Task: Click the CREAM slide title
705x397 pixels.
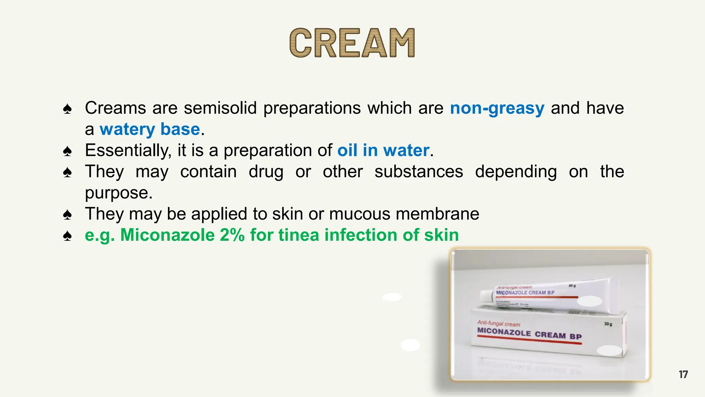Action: click(x=352, y=43)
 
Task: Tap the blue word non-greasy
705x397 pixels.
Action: click(x=497, y=108)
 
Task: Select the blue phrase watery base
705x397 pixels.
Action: click(x=150, y=130)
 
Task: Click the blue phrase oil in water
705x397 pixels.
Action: click(x=383, y=151)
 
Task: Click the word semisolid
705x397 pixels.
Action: click(x=220, y=108)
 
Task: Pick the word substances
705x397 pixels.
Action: click(x=419, y=172)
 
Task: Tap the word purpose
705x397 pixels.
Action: click(x=118, y=193)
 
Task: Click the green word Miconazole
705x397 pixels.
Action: click(x=167, y=235)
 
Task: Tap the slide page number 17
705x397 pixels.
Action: click(x=683, y=375)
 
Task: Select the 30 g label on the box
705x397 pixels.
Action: click(x=608, y=324)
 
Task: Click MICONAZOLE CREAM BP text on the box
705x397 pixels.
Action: click(x=529, y=334)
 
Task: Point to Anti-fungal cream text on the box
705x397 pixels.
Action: click(x=498, y=324)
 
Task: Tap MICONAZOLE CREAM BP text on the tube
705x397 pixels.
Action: click(x=525, y=293)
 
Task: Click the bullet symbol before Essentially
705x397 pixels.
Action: click(x=67, y=151)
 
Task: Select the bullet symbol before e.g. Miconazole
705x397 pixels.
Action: click(x=67, y=236)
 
